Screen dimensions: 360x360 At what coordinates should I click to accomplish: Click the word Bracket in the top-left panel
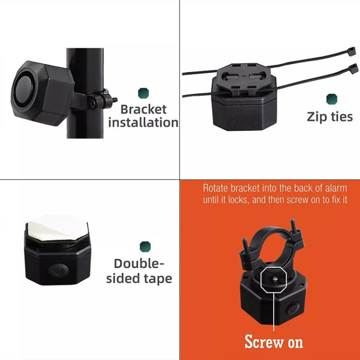144,109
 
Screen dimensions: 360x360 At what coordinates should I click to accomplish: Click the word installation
143,122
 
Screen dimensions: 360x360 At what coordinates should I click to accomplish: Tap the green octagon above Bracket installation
143,93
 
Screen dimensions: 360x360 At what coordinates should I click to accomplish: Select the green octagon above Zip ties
332,99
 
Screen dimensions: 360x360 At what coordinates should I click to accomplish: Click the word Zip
317,117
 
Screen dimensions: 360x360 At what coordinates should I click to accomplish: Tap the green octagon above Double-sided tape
145,247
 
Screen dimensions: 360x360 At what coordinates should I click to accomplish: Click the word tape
156,279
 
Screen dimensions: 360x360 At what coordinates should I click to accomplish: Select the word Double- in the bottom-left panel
139,264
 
